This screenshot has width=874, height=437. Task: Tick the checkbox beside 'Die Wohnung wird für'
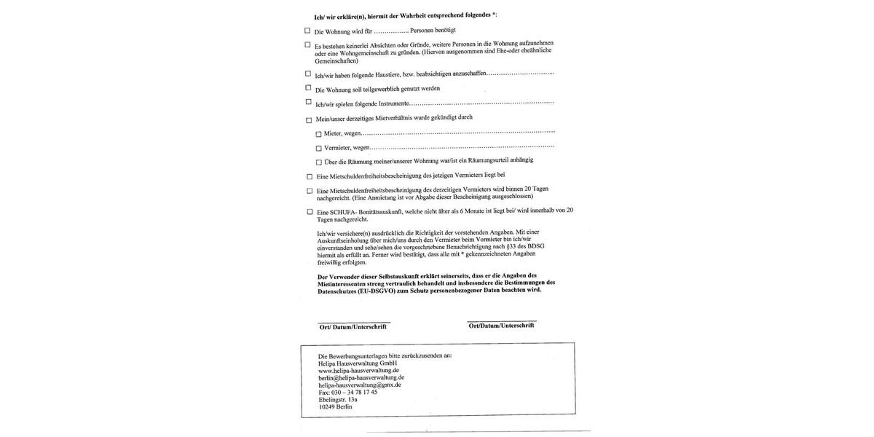(x=307, y=31)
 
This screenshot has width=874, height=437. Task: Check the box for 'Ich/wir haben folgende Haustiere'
(x=308, y=74)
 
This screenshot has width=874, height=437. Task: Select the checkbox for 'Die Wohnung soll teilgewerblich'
(x=308, y=88)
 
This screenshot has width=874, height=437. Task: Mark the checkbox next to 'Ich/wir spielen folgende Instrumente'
(x=308, y=103)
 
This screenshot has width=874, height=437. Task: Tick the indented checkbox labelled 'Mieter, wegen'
(x=318, y=134)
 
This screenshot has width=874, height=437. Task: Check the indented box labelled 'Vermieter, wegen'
(x=318, y=149)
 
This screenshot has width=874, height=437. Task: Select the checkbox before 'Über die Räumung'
(x=319, y=162)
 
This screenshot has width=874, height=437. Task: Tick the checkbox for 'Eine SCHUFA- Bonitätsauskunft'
(x=310, y=212)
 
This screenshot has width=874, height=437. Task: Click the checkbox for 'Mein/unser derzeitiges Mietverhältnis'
(x=309, y=120)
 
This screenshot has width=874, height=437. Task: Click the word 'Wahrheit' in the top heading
(x=413, y=16)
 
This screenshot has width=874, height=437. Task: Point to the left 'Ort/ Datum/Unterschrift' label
(x=353, y=327)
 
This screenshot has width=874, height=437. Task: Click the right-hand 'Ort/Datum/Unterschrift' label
(x=501, y=326)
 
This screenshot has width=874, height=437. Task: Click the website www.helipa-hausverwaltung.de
(x=358, y=371)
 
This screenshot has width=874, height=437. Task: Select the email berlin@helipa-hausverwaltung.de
(x=361, y=378)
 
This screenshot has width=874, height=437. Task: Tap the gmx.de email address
(x=360, y=385)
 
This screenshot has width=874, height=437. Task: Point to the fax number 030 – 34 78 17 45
(x=348, y=392)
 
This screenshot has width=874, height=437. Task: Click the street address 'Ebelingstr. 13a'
(x=338, y=399)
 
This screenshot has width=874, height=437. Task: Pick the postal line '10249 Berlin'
(x=335, y=406)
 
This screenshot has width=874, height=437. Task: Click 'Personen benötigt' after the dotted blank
(x=433, y=30)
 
